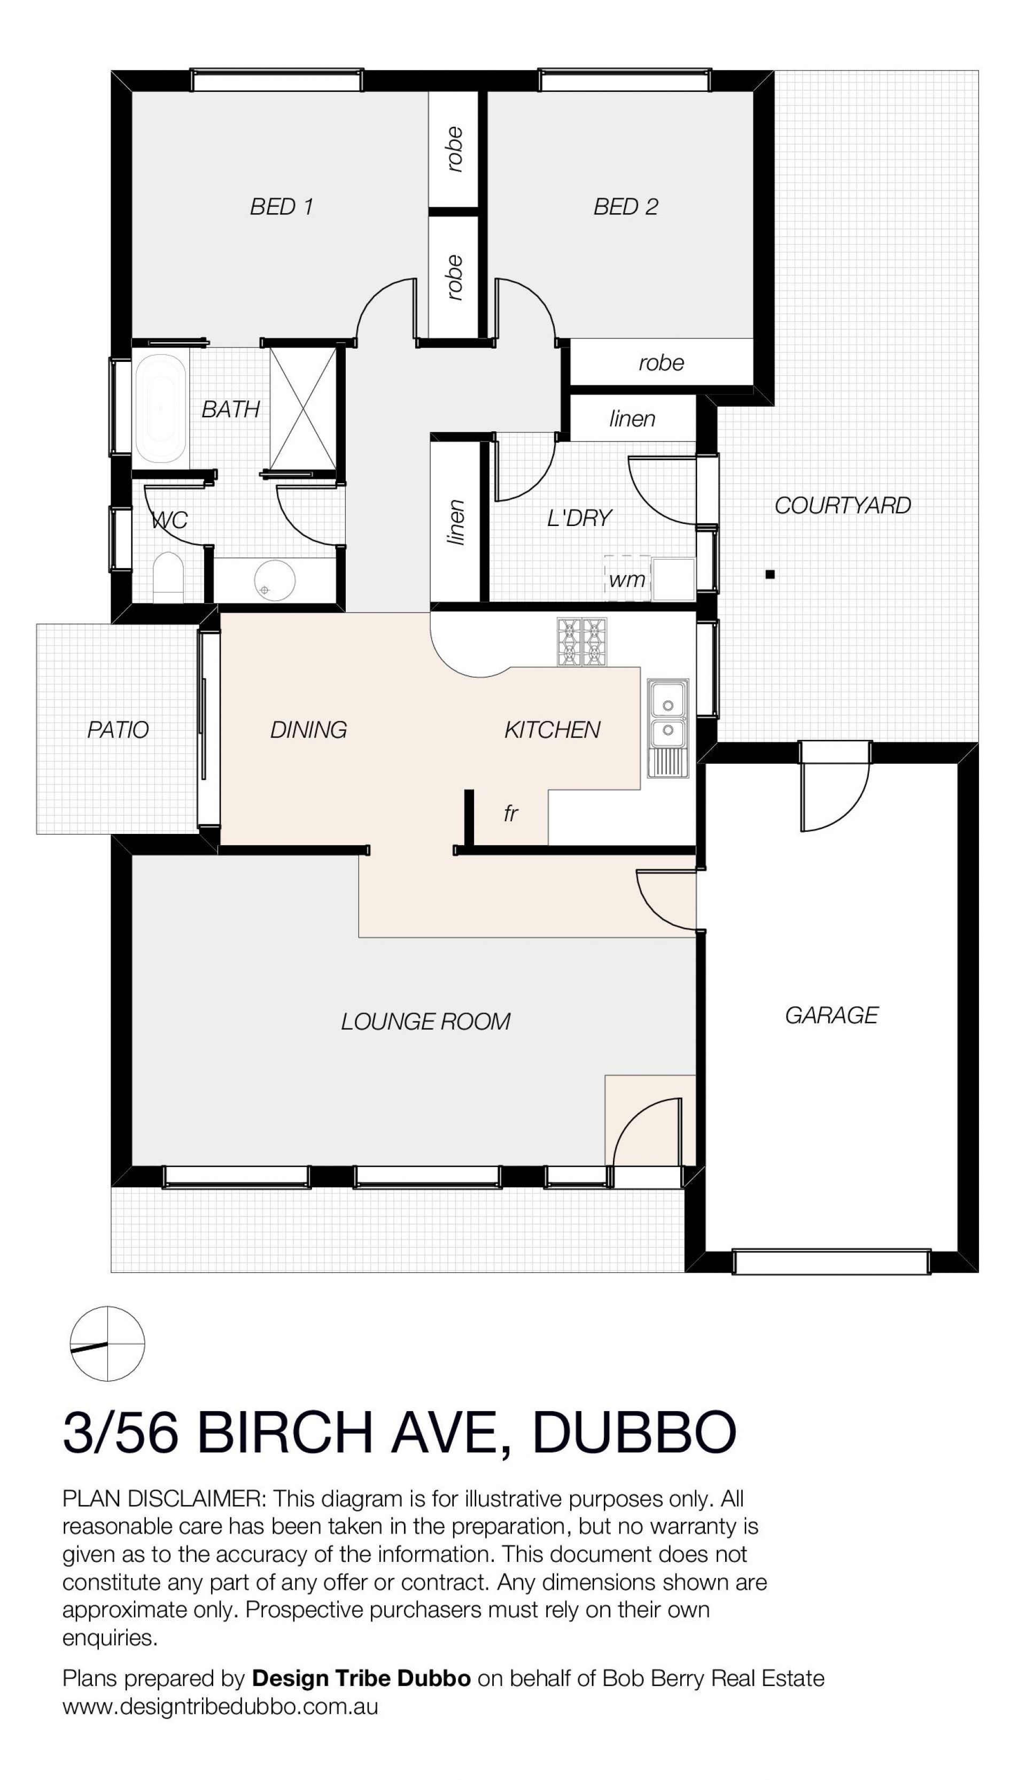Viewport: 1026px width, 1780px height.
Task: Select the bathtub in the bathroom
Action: [x=161, y=409]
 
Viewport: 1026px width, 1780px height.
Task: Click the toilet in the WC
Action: [x=168, y=578]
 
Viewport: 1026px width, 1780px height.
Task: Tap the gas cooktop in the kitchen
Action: [x=582, y=642]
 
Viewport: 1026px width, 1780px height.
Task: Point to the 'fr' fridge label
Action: [x=511, y=814]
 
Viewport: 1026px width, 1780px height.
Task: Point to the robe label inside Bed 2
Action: [x=661, y=363]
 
